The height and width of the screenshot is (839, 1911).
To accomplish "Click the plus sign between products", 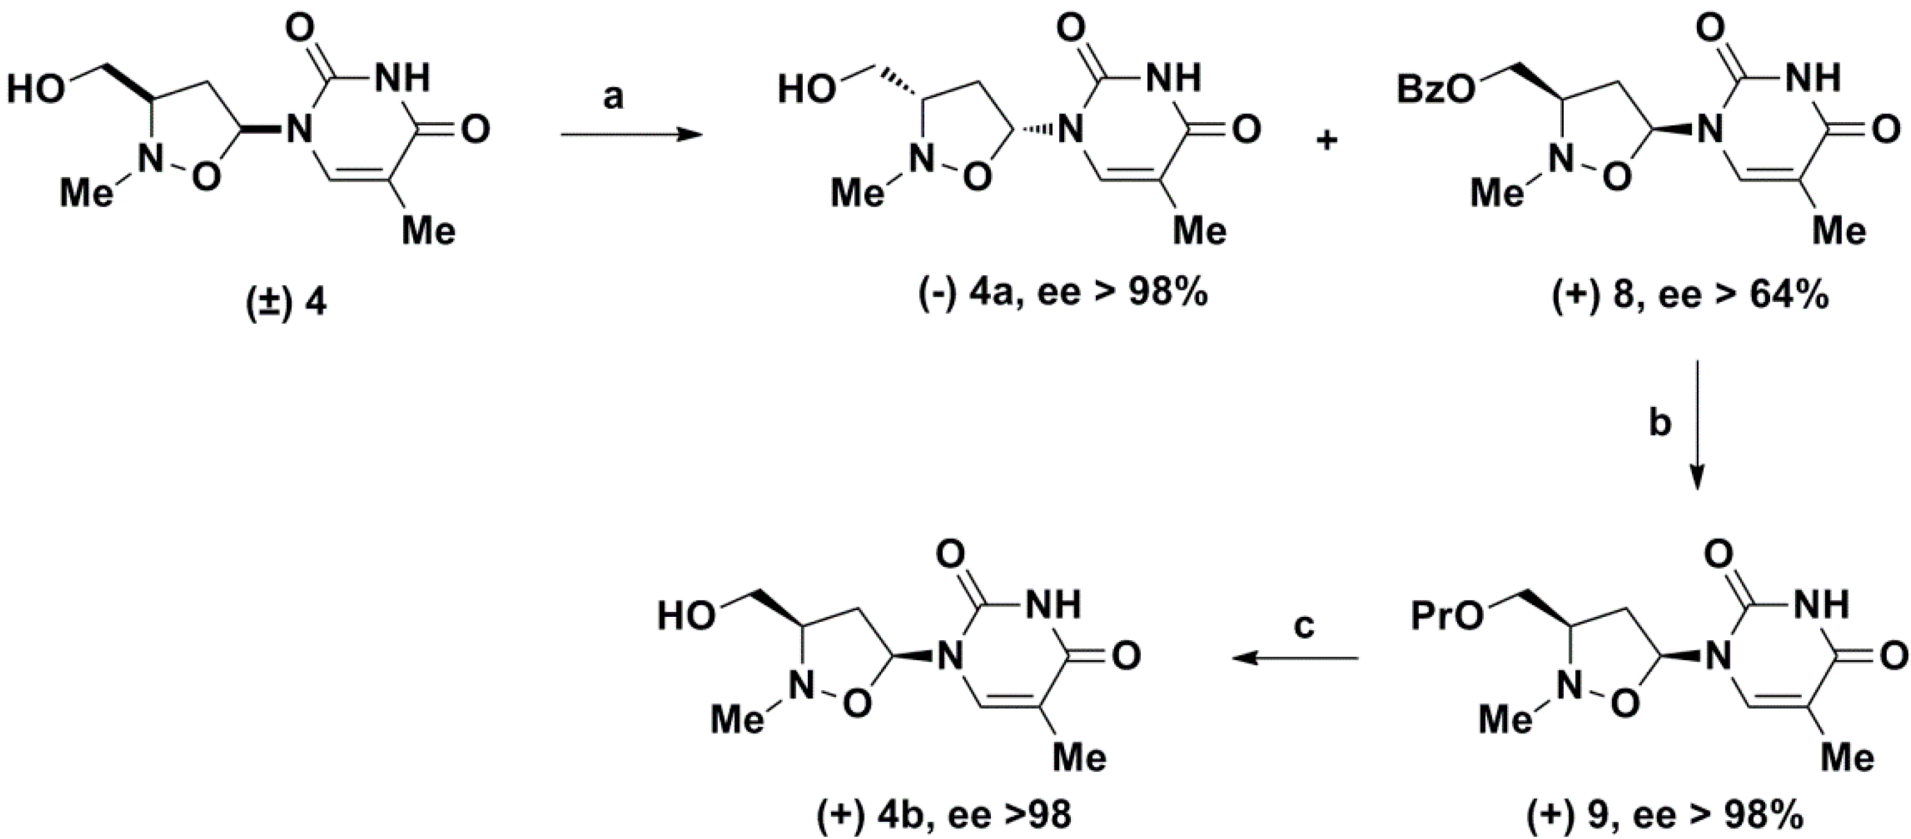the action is pyautogui.click(x=1326, y=140).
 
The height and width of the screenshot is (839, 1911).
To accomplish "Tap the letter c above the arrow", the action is pyautogui.click(x=1303, y=625).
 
